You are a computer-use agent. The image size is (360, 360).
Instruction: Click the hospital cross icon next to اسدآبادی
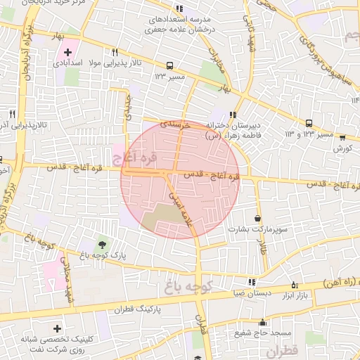(x=67, y=52)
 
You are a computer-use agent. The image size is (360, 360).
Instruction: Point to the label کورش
(x=342, y=148)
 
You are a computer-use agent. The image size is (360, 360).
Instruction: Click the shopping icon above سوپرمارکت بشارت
(x=258, y=218)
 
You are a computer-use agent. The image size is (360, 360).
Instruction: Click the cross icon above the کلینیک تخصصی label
(x=57, y=328)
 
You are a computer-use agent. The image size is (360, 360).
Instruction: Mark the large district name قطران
(x=283, y=349)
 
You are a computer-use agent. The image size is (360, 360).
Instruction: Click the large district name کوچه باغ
(x=194, y=286)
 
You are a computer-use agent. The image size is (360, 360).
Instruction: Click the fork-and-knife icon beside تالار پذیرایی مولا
(x=115, y=53)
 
